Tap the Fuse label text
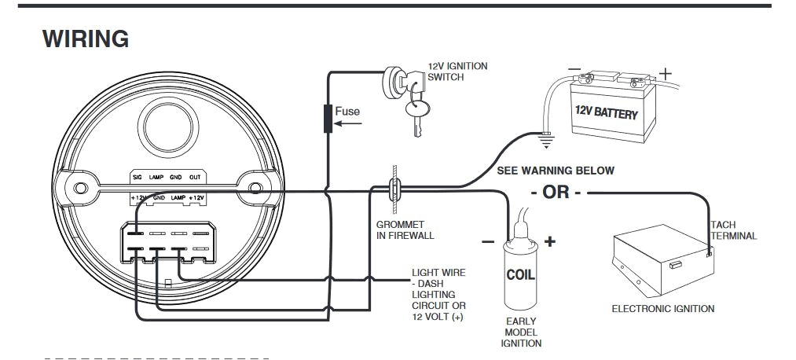click(x=347, y=111)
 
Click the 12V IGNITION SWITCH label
click(x=457, y=72)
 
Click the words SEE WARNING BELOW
click(x=556, y=171)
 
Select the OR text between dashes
click(x=556, y=193)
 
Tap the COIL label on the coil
click(x=520, y=276)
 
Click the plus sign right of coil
click(x=549, y=241)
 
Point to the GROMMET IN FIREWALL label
click(x=405, y=230)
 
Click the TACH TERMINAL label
click(x=733, y=230)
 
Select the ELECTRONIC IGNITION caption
click(x=662, y=309)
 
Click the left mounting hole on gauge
click(x=79, y=189)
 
